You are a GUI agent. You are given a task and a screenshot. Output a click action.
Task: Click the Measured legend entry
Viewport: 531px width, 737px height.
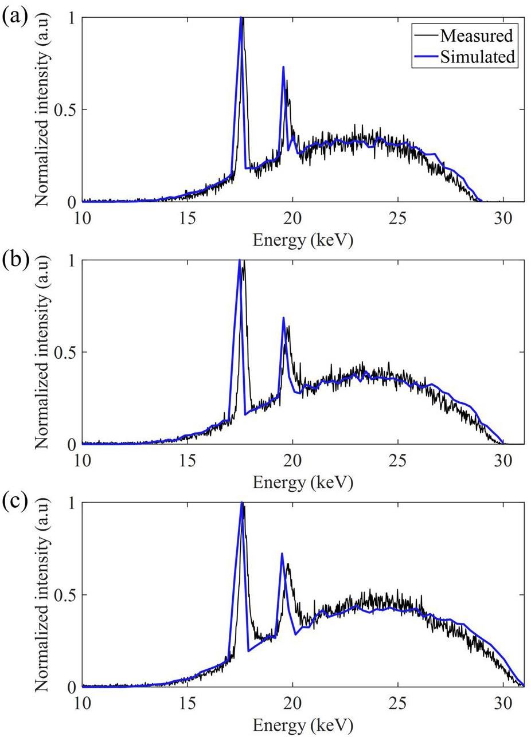pos(476,36)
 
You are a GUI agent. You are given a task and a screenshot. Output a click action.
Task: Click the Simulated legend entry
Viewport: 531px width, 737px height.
pos(478,56)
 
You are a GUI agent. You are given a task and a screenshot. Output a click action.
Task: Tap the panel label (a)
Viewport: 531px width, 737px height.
pos(14,16)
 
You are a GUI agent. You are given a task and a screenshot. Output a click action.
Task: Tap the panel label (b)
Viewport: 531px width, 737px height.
pos(14,259)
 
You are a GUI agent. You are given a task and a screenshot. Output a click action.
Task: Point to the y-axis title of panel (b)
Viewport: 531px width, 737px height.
pos(42,352)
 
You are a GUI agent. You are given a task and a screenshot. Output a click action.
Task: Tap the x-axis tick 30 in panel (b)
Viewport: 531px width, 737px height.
pos(503,460)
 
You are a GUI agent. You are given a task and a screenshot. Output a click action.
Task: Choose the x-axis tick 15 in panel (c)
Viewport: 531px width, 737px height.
pos(188,703)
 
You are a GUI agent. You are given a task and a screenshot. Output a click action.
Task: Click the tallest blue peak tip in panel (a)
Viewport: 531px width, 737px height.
pos(241,17)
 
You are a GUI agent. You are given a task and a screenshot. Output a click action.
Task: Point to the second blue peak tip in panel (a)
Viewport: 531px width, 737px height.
pos(283,67)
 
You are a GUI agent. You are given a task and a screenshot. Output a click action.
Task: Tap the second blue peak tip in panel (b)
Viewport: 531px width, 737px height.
pos(283,317)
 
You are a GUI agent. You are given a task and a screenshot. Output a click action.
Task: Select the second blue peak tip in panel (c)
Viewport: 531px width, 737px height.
pos(282,554)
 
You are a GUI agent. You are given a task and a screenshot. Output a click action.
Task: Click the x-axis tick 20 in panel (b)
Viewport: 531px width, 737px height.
pos(292,460)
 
